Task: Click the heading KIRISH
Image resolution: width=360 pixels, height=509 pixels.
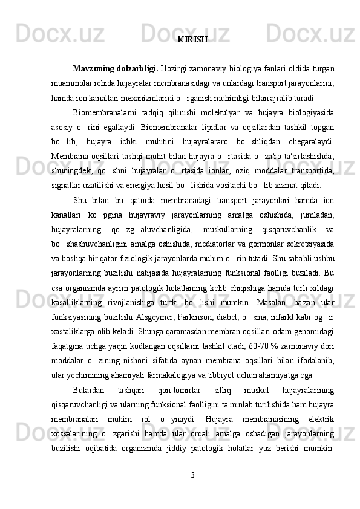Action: pyautogui.click(x=193, y=40)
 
